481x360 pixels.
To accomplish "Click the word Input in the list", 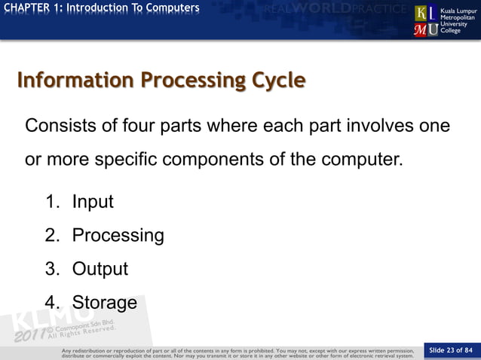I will point(93,202).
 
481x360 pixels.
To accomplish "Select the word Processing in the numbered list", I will point(118,236).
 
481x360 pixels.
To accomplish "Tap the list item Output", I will point(100,270).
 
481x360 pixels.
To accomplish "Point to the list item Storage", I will point(104,303).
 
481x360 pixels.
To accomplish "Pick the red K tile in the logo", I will point(421,14).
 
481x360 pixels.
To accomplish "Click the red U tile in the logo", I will point(434,29).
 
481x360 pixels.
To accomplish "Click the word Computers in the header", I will point(173,8).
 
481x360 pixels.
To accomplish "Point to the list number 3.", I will point(51,270).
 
